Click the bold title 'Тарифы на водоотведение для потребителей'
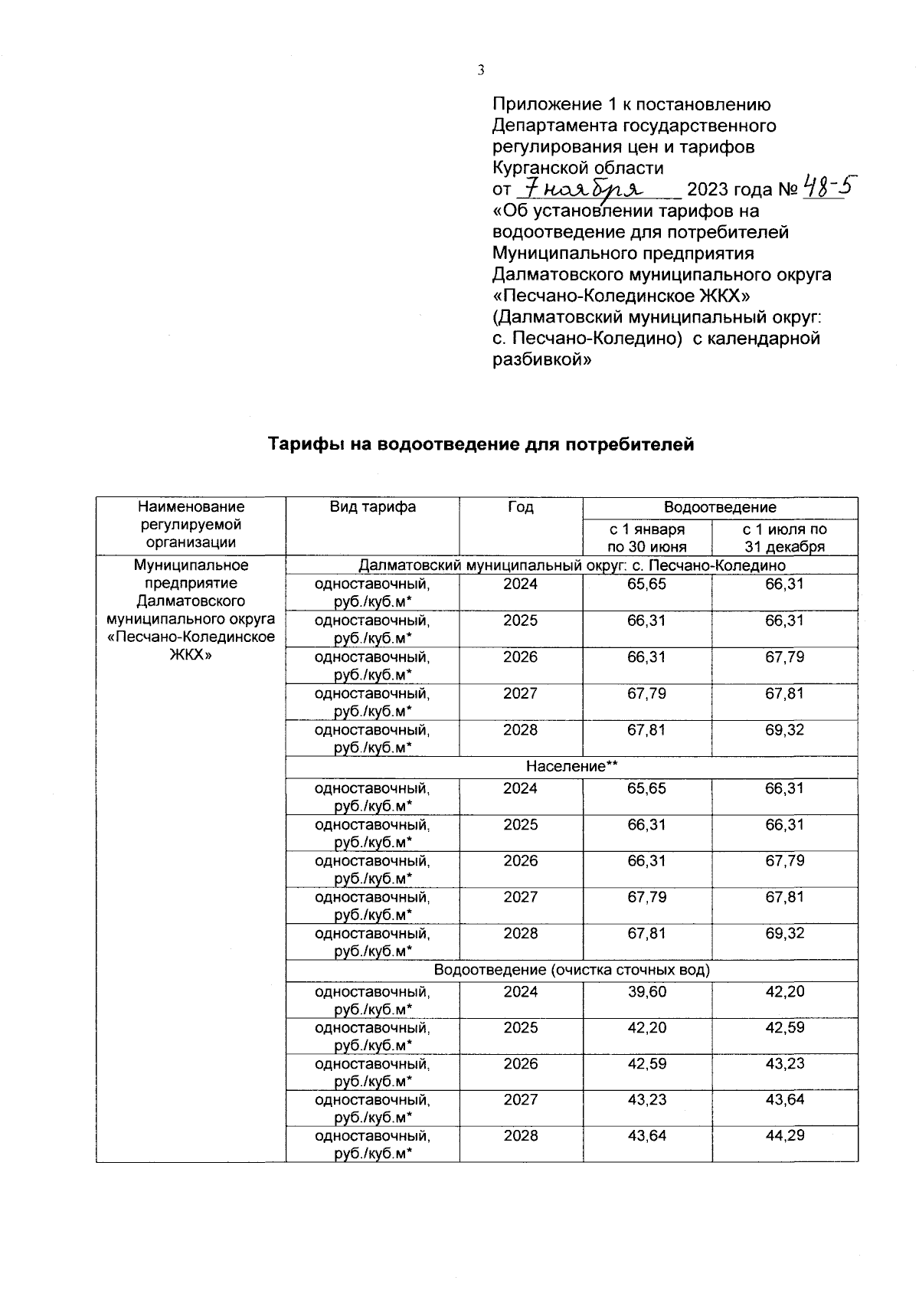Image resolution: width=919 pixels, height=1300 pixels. [481, 444]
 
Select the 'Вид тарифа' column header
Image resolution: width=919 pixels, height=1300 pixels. [373, 507]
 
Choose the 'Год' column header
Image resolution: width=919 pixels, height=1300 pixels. [521, 507]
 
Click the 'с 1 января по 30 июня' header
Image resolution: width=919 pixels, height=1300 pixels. [647, 538]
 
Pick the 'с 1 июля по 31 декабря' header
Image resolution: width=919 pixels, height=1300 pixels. [785, 538]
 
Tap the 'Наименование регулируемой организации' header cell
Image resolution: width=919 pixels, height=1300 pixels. [191, 525]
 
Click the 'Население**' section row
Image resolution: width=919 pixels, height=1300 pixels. [571, 767]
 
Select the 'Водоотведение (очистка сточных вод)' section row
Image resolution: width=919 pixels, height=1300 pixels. [571, 971]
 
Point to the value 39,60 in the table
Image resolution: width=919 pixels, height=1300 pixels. [647, 992]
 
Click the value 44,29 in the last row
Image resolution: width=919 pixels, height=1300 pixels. [785, 1136]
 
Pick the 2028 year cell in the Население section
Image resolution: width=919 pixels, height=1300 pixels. [521, 934]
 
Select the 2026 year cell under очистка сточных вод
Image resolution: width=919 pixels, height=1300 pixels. [521, 1064]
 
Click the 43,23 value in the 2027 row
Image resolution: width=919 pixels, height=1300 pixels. [647, 1100]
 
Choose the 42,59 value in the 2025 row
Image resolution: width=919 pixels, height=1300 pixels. [785, 1028]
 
